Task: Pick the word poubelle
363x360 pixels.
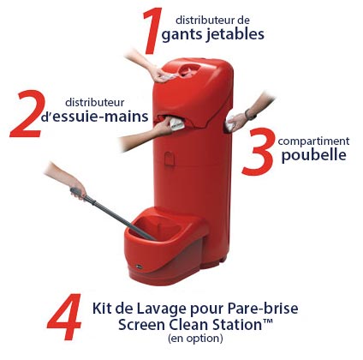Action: point(314,157)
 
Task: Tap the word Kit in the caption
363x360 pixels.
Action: point(104,307)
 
